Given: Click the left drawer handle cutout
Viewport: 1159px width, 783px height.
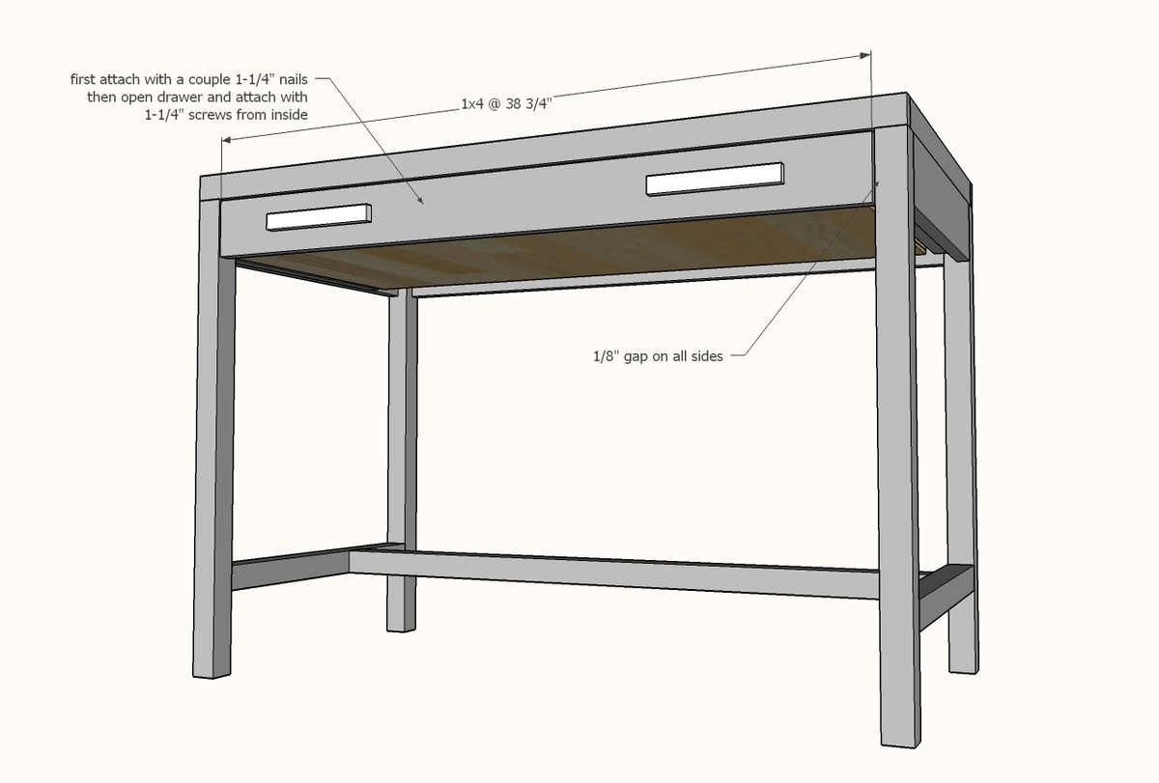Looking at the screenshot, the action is (x=320, y=217).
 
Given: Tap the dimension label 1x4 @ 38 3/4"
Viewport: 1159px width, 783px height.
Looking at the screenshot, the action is (x=508, y=103).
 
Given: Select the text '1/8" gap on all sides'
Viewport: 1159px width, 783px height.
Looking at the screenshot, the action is (x=658, y=356).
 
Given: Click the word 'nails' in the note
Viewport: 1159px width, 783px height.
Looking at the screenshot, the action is (x=290, y=78).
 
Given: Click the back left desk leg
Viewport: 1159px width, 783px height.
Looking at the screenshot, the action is (x=402, y=463).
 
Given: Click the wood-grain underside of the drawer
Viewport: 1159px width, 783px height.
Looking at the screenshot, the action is (x=579, y=251).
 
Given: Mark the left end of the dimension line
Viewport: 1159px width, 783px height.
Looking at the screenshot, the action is (x=223, y=141).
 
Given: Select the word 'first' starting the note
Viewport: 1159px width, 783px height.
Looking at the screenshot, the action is (x=84, y=78).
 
